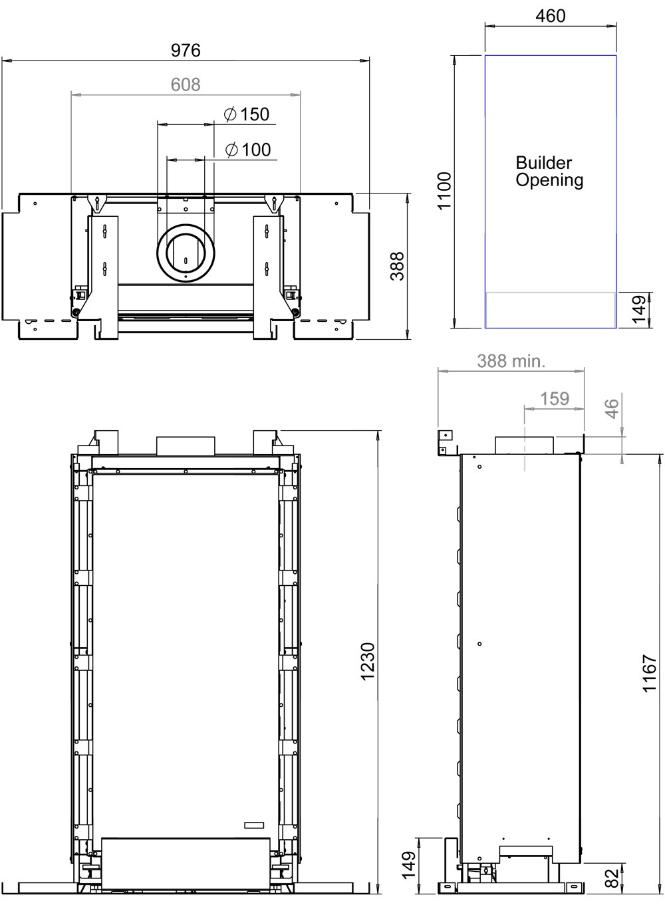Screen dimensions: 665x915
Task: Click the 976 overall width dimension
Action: pos(186,51)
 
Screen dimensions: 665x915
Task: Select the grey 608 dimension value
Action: pos(186,84)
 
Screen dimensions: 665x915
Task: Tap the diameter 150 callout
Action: pos(247,114)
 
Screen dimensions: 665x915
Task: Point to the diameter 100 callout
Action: pos(248,150)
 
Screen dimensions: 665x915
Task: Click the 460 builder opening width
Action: pos(550,16)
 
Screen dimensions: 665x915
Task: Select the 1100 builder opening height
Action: pos(444,191)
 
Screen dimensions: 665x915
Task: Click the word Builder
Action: pos(544,162)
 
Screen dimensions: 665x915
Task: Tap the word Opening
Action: pos(549,180)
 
